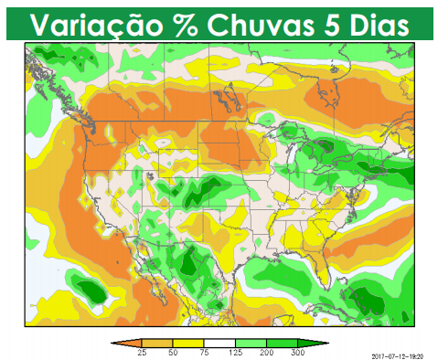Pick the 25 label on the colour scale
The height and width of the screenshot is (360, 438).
[x=142, y=352]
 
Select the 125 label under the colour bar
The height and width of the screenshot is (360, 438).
[x=236, y=352]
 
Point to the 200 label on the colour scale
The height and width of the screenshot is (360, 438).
[x=267, y=352]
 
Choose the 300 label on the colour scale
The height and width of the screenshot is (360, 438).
[x=298, y=352]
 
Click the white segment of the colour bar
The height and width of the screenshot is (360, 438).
[x=220, y=343]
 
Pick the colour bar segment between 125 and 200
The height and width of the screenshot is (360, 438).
[x=251, y=343]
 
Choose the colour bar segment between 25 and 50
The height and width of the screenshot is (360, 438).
[x=157, y=343]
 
